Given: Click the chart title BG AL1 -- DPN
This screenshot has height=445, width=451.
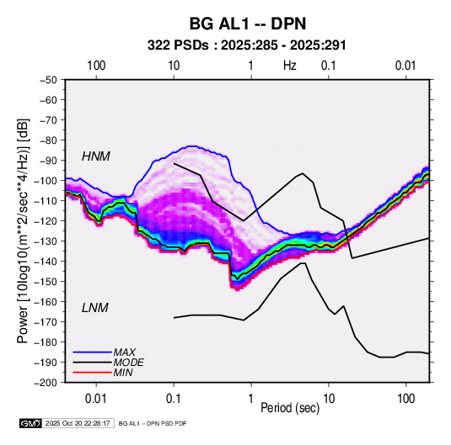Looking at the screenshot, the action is coord(248,24).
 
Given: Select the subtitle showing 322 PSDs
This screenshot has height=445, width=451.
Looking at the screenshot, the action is coord(246,45).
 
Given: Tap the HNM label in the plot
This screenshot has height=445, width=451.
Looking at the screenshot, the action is coord(96,156).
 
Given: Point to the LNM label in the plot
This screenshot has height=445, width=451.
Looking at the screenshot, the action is coord(95,308).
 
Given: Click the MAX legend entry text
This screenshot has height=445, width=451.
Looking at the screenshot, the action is coord(125,352).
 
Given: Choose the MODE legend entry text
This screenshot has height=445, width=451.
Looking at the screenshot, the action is coord(129,363).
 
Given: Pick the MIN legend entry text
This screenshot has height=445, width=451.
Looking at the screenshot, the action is coord(123,373).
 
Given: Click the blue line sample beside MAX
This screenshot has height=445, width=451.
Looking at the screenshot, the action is coord(93,352).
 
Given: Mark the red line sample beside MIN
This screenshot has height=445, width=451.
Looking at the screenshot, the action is coord(93,373).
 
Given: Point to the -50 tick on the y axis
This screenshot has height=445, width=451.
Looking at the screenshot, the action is coord(50,80).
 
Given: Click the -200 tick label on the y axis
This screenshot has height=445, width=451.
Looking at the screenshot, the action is coord(47,383).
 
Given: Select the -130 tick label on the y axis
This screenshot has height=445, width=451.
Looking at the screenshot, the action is coord(47,241).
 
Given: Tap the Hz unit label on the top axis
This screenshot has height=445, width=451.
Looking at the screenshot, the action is coord(290,66).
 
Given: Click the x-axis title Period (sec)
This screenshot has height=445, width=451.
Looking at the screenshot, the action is coord(290,408).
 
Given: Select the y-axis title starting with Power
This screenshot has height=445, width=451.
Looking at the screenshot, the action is coord(23,230).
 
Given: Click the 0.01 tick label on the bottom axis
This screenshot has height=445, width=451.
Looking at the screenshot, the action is coord(96,399).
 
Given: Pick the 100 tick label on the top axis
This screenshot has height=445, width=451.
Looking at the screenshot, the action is coord(96,66).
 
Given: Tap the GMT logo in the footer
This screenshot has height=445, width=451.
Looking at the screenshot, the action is coord(31,423).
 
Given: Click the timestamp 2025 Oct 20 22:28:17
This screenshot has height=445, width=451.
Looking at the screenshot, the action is coord(78,423).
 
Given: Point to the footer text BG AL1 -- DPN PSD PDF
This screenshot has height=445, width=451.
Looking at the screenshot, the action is coord(153,423).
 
